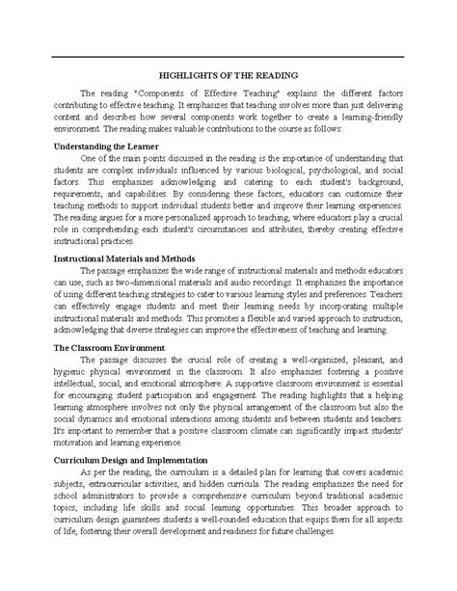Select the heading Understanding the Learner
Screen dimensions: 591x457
click(x=108, y=147)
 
